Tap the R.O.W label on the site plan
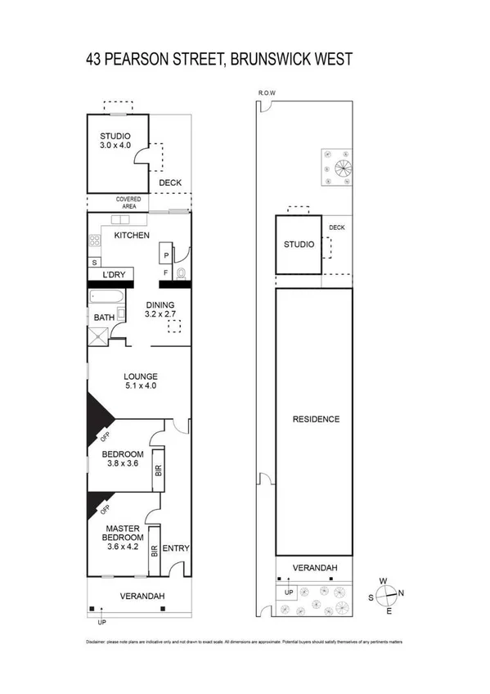[x=266, y=93]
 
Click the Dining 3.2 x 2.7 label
[x=160, y=309]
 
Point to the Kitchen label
[x=131, y=236]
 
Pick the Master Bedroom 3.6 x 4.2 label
[x=123, y=537]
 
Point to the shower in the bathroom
[x=99, y=333]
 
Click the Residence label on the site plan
[x=316, y=419]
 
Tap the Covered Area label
[x=128, y=203]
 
